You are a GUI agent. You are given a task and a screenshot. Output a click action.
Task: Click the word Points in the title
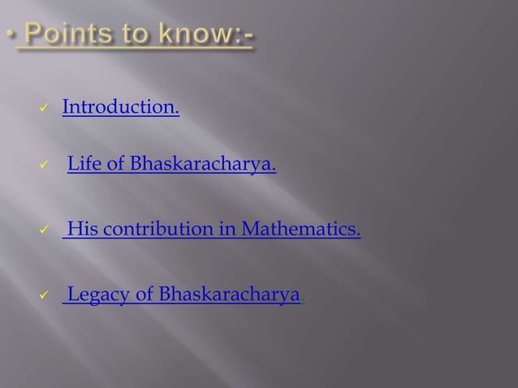64,36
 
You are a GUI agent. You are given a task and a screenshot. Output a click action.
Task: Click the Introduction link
121,107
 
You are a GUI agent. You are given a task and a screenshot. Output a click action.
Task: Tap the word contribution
156,231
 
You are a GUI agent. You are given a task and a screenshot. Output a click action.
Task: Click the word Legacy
97,294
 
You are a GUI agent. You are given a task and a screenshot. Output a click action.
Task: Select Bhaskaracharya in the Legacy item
230,294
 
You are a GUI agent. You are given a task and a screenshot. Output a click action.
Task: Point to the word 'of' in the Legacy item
143,294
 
